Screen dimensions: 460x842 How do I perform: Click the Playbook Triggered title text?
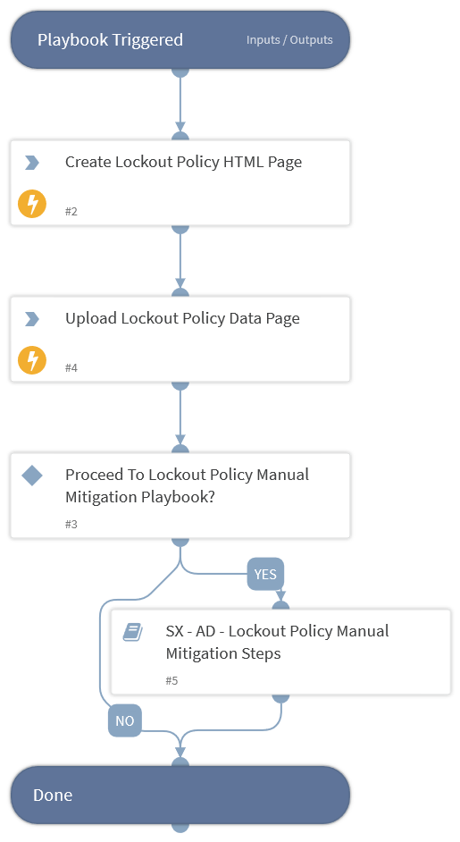click(110, 39)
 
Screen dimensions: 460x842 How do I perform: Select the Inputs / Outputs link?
click(289, 39)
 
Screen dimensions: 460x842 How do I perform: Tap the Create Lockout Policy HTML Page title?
click(184, 162)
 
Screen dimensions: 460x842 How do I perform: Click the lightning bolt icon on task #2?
click(32, 204)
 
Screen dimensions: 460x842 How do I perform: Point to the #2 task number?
click(71, 211)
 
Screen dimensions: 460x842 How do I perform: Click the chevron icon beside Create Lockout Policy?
click(32, 162)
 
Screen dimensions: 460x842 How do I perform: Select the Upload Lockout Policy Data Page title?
click(182, 318)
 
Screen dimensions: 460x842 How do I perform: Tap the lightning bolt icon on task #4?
click(32, 360)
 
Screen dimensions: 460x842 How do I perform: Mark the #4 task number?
click(71, 367)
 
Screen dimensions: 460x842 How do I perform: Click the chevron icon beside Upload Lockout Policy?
click(32, 318)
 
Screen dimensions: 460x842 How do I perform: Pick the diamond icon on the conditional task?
click(32, 476)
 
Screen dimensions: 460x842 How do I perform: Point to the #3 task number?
click(71, 524)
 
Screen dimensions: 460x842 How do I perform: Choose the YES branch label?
click(265, 574)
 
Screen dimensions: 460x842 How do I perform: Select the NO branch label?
click(124, 720)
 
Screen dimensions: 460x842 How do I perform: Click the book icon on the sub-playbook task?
click(132, 632)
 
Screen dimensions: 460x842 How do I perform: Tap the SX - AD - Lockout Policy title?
click(277, 643)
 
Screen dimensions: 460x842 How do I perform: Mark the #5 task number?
click(171, 680)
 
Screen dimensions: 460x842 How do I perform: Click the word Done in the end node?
click(53, 795)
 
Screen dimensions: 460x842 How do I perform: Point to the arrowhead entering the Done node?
click(180, 753)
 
